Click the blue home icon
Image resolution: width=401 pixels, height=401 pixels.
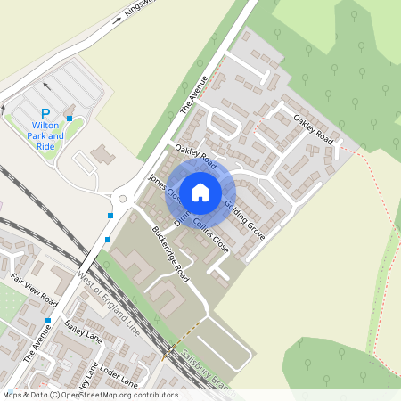click(x=200, y=192)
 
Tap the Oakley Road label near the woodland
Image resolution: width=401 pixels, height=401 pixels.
click(x=313, y=131)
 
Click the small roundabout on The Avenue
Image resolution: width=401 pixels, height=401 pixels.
click(x=123, y=199)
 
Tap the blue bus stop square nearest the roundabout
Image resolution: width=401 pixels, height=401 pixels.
click(x=110, y=215)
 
